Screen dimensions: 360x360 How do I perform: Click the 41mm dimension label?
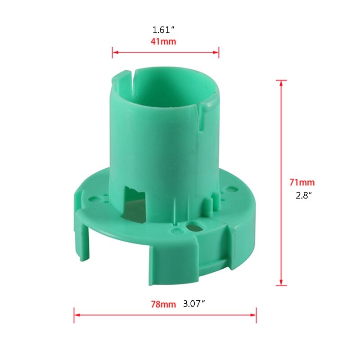point(163,41)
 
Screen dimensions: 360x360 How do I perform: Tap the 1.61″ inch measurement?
point(163,30)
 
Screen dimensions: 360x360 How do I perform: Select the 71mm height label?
point(302,183)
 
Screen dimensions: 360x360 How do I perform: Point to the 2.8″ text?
point(301,196)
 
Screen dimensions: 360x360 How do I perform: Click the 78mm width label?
point(163,304)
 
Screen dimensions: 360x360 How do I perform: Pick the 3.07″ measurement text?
point(194,304)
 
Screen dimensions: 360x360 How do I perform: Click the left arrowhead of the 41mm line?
point(114,52)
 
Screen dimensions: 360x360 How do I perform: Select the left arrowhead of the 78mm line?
point(76,315)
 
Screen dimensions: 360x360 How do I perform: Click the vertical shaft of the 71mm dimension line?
point(281,135)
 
